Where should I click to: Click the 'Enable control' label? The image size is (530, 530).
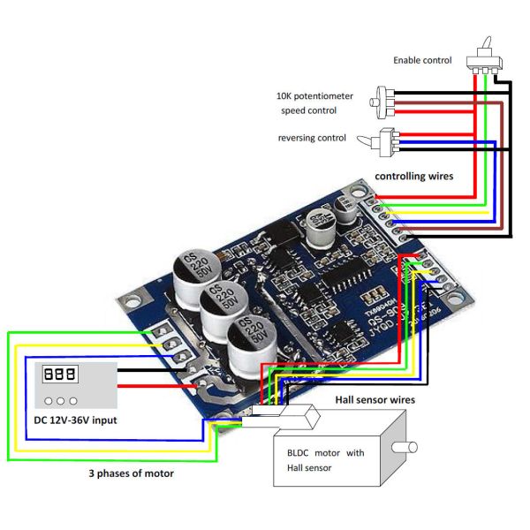pyautogui.click(x=422, y=61)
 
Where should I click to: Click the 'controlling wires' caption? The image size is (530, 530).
pyautogui.click(x=414, y=177)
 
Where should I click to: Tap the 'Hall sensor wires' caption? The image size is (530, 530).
pyautogui.click(x=375, y=400)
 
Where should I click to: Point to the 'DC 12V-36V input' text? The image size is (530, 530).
pyautogui.click(x=76, y=420)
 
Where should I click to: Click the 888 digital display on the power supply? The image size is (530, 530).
pyautogui.click(x=59, y=375)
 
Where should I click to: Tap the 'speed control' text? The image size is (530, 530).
pyautogui.click(x=309, y=111)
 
